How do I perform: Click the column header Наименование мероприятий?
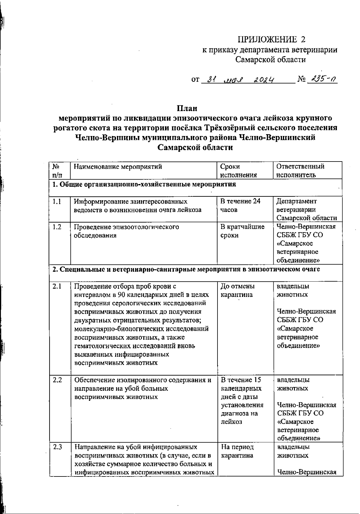click(118, 167)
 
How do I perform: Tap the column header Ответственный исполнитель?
click(300, 171)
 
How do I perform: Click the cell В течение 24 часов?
click(240, 206)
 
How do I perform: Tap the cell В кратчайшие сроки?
click(242, 231)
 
